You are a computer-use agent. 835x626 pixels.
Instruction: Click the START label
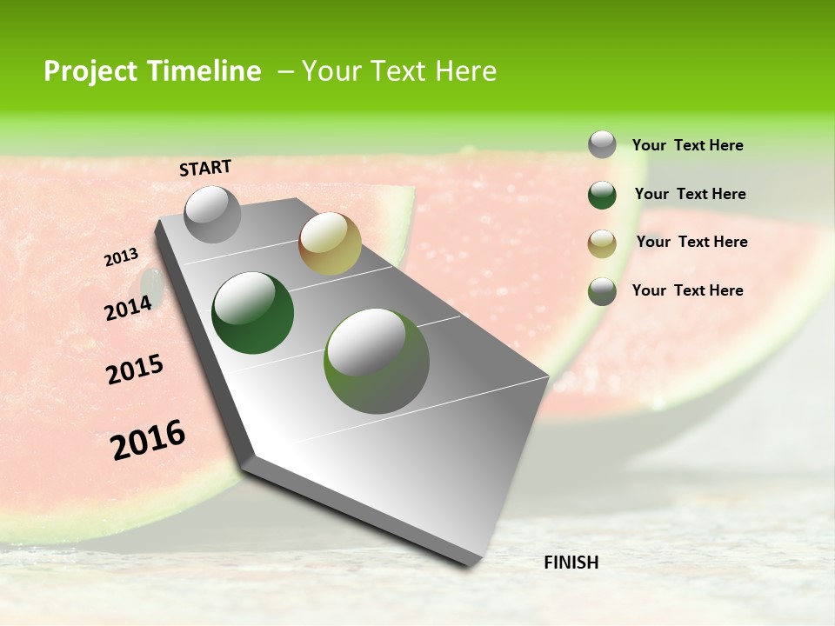(x=205, y=168)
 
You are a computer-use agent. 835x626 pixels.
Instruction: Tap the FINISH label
(x=571, y=563)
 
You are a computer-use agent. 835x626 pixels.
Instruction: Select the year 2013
(x=121, y=257)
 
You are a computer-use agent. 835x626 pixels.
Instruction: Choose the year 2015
(x=135, y=370)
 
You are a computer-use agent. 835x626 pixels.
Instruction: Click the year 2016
(x=148, y=440)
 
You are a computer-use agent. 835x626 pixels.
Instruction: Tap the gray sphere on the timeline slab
(x=213, y=214)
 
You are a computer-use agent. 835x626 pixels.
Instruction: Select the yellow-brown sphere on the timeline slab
(x=330, y=243)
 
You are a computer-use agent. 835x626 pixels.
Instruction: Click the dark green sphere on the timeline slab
(x=253, y=313)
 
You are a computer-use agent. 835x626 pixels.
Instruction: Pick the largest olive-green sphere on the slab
(x=377, y=361)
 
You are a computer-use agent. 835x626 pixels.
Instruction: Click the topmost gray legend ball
(x=602, y=144)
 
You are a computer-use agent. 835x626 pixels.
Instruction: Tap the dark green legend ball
(x=602, y=195)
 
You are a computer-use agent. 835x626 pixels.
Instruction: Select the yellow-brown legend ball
(x=602, y=243)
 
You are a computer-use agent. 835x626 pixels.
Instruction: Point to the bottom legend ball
(x=602, y=291)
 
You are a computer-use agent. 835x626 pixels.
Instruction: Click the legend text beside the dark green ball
(x=690, y=194)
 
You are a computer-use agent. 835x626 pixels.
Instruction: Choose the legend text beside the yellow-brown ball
(x=691, y=242)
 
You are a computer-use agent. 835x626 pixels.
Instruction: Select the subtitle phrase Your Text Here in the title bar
(x=399, y=71)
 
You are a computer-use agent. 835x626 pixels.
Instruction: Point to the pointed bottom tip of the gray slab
(x=470, y=563)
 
